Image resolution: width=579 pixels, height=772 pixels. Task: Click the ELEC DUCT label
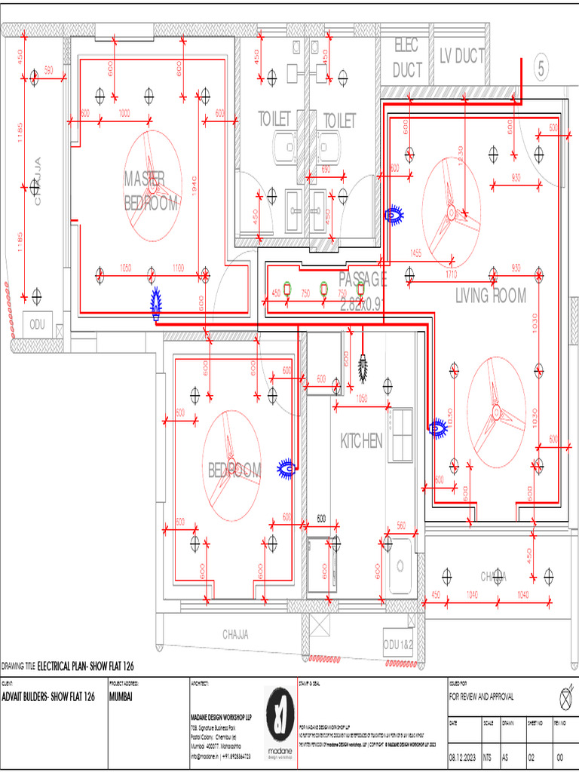click(x=407, y=58)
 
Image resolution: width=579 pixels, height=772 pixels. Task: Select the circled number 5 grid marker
click(x=541, y=69)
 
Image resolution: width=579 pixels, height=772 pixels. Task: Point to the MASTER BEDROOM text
click(x=151, y=190)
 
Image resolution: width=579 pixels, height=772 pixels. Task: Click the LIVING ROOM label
click(x=491, y=296)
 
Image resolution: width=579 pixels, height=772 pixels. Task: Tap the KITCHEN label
click(x=361, y=441)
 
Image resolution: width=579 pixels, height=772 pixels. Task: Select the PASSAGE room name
click(x=363, y=280)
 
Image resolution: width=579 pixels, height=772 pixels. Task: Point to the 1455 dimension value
click(x=415, y=253)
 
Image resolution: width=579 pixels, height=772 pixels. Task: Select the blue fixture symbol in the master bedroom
click(x=157, y=303)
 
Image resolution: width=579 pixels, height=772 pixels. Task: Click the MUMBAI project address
click(x=121, y=697)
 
